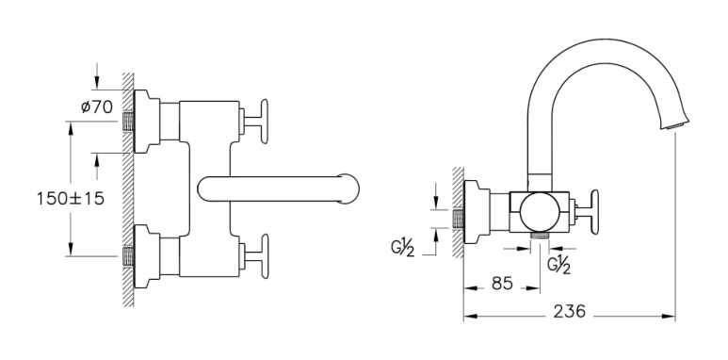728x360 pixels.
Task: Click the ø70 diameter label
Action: (x=97, y=107)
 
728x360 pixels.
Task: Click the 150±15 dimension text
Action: (x=71, y=199)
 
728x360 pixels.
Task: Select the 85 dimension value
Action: (x=502, y=283)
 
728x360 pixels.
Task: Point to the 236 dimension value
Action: (x=570, y=311)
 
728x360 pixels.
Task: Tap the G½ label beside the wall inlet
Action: (x=402, y=248)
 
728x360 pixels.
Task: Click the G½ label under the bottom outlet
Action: (x=558, y=265)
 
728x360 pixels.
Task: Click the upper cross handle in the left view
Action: (x=256, y=122)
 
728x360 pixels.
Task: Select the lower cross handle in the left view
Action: (x=256, y=256)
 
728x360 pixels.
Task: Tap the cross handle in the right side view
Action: (x=587, y=212)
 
